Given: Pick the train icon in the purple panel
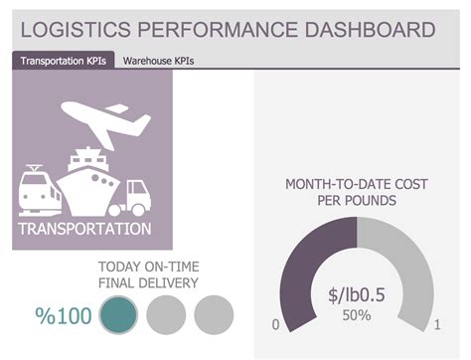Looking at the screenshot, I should click(x=40, y=188).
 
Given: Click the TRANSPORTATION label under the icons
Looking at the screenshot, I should click(x=84, y=230).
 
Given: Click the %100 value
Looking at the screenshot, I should click(x=64, y=317).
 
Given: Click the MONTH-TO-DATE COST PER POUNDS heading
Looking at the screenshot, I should click(x=356, y=192).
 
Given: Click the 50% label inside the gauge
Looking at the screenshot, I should click(x=356, y=315).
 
